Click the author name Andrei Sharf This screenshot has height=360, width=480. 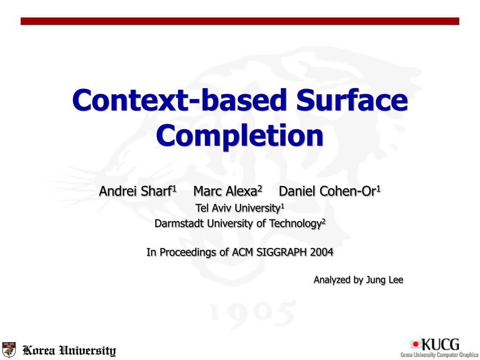(x=135, y=191)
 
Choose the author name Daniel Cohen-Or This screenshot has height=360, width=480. (x=328, y=191)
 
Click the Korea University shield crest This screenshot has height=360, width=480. (x=9, y=350)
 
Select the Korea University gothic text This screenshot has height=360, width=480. (x=69, y=351)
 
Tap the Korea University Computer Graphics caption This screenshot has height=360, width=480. (x=439, y=354)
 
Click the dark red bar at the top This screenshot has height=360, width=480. (x=240, y=21)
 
